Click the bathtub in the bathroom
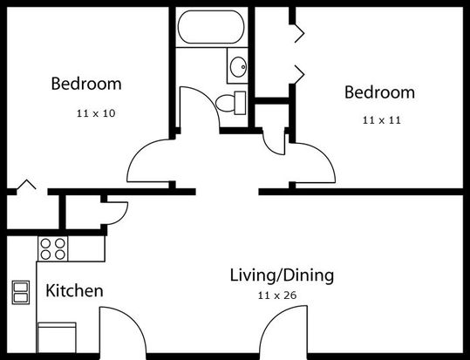click(x=211, y=27)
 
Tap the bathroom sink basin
click(x=238, y=66)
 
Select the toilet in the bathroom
click(x=230, y=103)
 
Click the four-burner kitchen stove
click(x=52, y=248)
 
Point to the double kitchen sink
click(x=21, y=292)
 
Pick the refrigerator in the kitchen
click(x=57, y=338)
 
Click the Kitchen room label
click(x=74, y=291)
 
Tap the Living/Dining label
click(x=282, y=275)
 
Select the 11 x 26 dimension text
click(x=277, y=295)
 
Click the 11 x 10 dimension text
click(x=96, y=113)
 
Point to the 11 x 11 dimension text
click(x=382, y=120)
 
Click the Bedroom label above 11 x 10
click(x=86, y=84)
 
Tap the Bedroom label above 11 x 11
click(x=380, y=92)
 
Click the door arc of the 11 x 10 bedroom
click(x=136, y=152)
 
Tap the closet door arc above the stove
click(x=124, y=217)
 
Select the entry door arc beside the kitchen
click(x=132, y=320)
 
